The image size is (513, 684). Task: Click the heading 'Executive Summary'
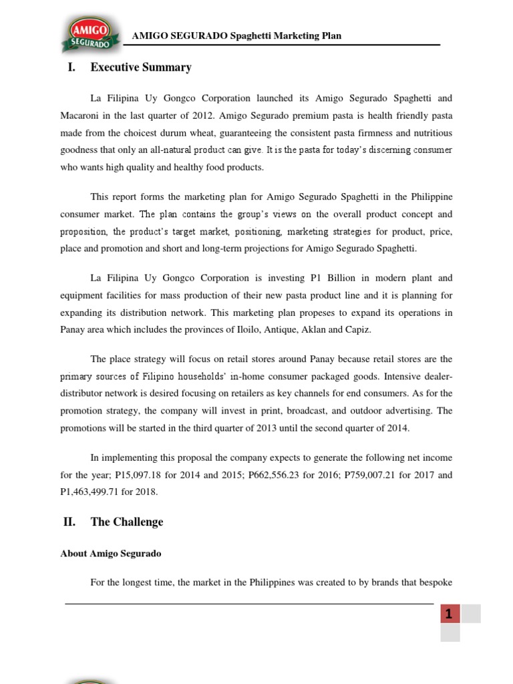(141, 67)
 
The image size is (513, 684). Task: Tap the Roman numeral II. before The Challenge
(69, 522)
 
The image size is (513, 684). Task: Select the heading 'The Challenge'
(127, 522)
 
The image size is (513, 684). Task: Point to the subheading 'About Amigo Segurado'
(111, 554)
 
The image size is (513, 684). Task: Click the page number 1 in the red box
(450, 614)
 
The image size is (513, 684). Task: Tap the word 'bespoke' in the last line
(436, 582)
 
